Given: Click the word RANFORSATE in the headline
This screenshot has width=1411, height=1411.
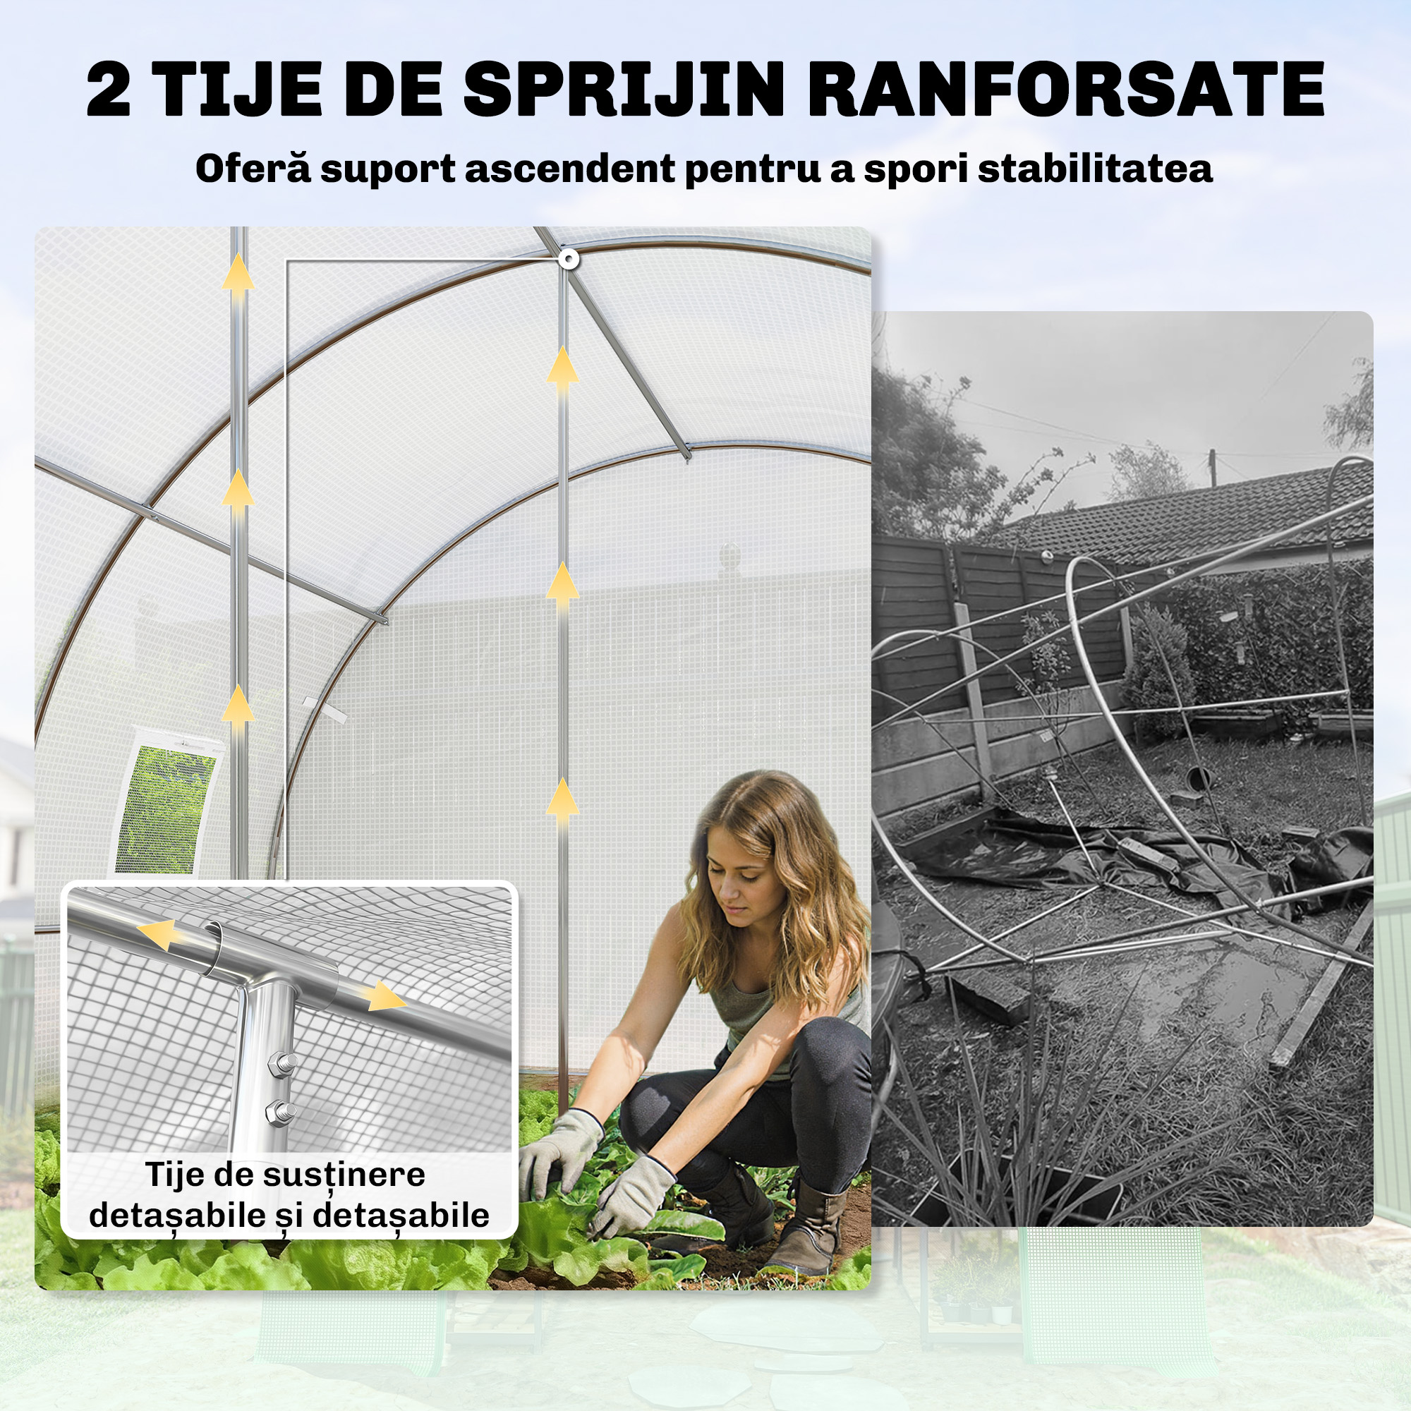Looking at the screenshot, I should [x=1065, y=90].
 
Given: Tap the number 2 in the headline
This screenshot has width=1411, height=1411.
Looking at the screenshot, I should [x=109, y=90].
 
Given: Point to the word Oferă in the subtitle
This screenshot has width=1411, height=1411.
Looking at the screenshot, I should [x=253, y=169].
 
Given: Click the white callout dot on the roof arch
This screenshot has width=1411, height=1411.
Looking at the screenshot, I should [x=569, y=259].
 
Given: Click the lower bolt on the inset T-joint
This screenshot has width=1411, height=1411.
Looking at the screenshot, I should [x=282, y=1113].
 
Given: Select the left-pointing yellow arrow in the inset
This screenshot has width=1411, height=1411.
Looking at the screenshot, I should [x=161, y=934].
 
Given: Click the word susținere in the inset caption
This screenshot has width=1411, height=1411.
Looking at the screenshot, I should [x=344, y=1175].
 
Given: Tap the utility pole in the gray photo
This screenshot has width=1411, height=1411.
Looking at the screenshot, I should [x=1213, y=468].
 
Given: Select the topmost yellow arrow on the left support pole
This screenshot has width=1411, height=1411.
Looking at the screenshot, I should [x=238, y=272].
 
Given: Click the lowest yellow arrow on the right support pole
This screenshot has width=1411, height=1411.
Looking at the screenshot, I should [x=562, y=797].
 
